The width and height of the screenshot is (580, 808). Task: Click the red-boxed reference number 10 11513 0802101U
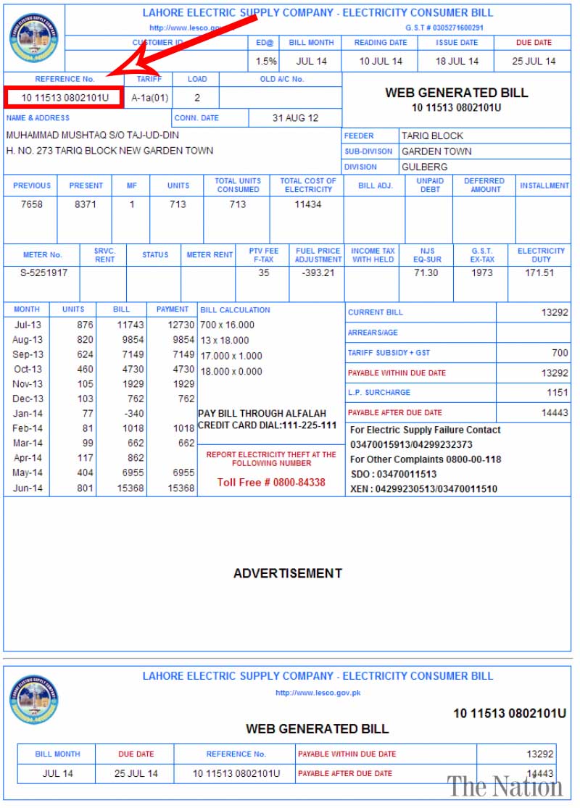click(65, 97)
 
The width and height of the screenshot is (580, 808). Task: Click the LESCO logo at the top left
click(33, 38)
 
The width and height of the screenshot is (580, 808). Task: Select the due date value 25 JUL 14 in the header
click(534, 61)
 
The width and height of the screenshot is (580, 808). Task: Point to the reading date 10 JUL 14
click(381, 61)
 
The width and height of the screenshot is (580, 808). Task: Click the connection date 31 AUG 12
click(295, 117)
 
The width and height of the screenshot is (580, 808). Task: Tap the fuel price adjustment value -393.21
click(318, 273)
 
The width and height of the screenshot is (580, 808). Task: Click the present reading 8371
click(86, 204)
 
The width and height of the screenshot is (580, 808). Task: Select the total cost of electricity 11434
click(308, 204)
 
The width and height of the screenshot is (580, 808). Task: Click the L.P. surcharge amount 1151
click(557, 393)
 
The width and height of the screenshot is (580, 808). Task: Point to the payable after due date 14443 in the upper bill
click(555, 412)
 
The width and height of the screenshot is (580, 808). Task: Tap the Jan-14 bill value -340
click(131, 414)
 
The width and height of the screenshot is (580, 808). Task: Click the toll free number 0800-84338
click(271, 482)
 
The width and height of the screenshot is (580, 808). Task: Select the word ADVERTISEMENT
click(287, 573)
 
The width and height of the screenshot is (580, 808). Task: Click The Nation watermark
click(505, 786)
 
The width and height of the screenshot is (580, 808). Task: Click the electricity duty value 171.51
click(540, 273)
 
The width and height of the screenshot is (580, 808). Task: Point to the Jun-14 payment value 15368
click(181, 488)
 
